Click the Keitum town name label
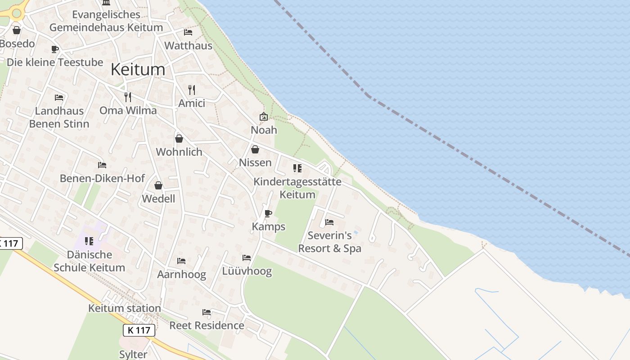138,70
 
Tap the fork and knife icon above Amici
192,90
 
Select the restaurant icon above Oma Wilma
128,97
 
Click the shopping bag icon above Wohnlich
179,139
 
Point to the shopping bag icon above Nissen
255,149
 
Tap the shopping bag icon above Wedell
158,185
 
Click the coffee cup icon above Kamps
268,213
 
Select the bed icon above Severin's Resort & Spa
329,222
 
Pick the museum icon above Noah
264,117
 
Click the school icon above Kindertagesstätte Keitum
297,168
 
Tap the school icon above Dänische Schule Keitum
89,241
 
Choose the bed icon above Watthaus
188,32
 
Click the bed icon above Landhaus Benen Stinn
59,98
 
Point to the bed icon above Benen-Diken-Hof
102,165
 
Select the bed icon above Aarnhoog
181,261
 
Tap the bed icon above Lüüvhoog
247,258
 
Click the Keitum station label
125,309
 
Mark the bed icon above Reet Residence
207,312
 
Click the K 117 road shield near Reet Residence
139,330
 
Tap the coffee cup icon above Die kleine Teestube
55,49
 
